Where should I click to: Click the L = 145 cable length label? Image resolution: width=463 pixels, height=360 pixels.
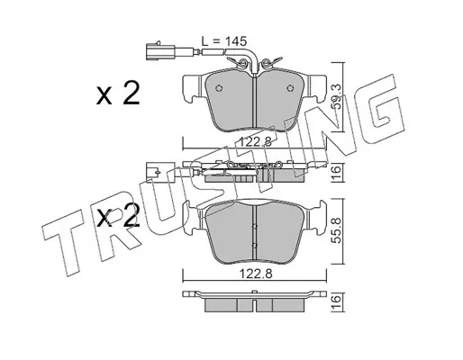tap(223, 41)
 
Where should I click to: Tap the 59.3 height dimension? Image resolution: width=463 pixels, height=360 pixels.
tap(337, 96)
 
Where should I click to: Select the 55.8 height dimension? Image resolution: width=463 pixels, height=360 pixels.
tap(337, 230)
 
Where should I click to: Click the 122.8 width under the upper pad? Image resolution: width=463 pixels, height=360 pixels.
tap(255, 141)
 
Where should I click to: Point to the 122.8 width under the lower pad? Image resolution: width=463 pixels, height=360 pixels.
tap(255, 274)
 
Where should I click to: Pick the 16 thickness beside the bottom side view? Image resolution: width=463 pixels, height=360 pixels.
tap(337, 301)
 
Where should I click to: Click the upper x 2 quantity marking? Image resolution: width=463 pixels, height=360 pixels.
tap(118, 94)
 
